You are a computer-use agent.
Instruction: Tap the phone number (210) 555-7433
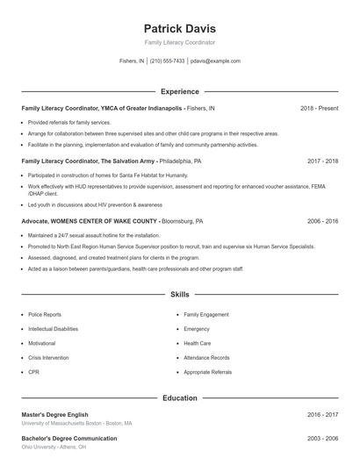tap(167, 61)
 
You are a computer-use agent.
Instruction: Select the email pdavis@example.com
tap(215, 61)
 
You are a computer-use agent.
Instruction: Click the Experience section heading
tap(180, 91)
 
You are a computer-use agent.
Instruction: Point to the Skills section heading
tap(180, 296)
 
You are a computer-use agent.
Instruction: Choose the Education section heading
tap(180, 397)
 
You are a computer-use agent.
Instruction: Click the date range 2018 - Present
tap(319, 108)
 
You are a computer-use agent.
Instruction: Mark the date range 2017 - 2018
tap(322, 161)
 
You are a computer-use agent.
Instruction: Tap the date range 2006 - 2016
tap(322, 221)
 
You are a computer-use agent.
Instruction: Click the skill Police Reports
tap(45, 314)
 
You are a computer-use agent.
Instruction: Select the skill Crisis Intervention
tap(49, 358)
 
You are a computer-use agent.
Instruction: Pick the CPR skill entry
tap(33, 372)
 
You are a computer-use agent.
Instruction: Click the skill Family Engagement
tap(206, 314)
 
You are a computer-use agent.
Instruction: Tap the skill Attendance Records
tap(206, 358)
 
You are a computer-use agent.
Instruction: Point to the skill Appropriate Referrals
tap(207, 372)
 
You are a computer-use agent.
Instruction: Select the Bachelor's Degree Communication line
tap(68, 438)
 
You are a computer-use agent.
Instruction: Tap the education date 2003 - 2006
tap(322, 438)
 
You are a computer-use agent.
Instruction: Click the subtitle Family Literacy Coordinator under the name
tap(180, 42)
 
